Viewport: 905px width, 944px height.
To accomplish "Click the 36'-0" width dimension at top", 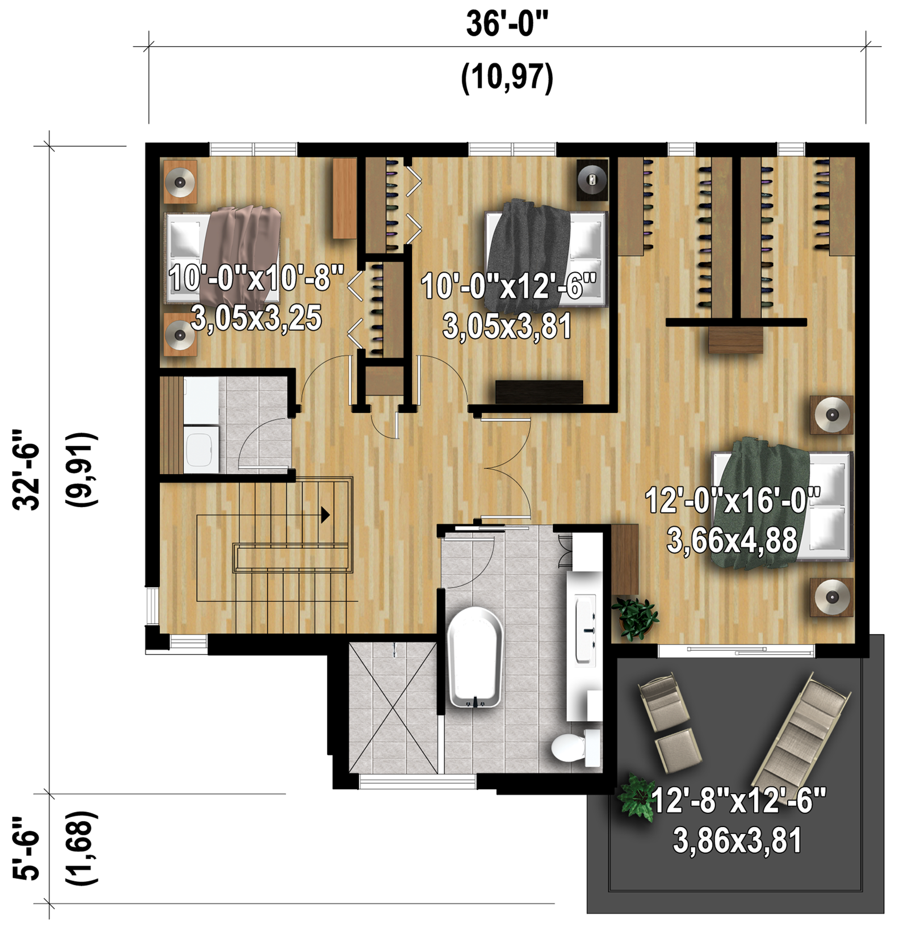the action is (507, 24).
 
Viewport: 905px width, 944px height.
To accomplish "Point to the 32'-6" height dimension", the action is (26, 470).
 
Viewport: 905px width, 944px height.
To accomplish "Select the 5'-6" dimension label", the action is (26, 848).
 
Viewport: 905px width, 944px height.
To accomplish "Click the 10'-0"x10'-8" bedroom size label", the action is (256, 278).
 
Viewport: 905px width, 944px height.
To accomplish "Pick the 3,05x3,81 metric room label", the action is (507, 326).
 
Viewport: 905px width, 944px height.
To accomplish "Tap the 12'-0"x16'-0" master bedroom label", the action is (732, 500).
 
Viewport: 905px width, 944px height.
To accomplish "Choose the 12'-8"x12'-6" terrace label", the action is (738, 800).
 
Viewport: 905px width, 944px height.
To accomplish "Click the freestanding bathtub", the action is (475, 658).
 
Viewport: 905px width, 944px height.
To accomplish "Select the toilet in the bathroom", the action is (576, 748).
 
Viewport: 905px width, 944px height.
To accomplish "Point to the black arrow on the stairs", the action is (325, 515).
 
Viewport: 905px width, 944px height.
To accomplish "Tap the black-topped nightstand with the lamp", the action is (592, 180).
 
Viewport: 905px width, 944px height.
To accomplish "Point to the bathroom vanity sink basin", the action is (585, 629).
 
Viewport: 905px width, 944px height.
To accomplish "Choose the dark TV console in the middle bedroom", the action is (539, 392).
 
